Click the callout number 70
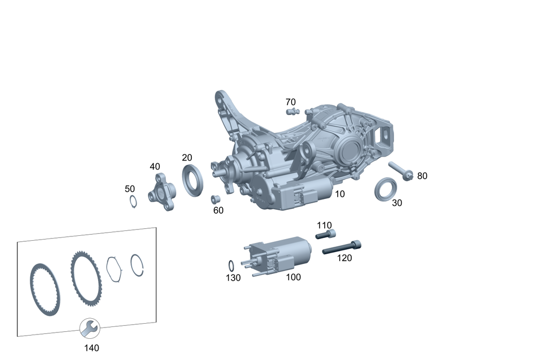(291, 102)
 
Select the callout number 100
(293, 277)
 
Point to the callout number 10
(340, 194)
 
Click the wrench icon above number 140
(89, 328)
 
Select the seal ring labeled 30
(386, 190)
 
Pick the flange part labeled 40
(162, 191)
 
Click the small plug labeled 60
(214, 198)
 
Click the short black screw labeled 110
(325, 235)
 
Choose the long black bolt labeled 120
(342, 247)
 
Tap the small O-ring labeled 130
(231, 266)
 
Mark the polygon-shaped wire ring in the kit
(114, 268)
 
